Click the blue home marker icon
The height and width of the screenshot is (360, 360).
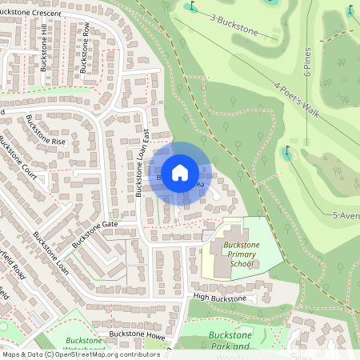tap(180, 172)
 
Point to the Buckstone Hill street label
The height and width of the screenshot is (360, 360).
tap(45, 48)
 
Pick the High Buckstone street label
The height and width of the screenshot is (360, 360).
tap(218, 298)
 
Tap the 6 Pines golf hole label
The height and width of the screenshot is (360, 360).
tap(307, 61)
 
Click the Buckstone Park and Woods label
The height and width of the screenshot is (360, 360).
tap(230, 341)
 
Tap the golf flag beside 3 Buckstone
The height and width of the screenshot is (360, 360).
tap(190, 6)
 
